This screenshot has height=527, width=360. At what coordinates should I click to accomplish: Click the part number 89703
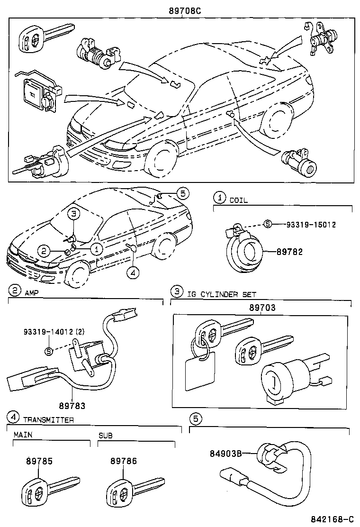coord(262,308)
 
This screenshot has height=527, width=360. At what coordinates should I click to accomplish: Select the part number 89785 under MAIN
coord(39,461)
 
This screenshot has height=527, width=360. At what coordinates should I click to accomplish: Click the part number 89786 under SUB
coord(124,461)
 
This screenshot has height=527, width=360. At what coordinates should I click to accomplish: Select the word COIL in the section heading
coord(239,200)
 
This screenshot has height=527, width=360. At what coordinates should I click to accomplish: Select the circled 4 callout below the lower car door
coord(134,272)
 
